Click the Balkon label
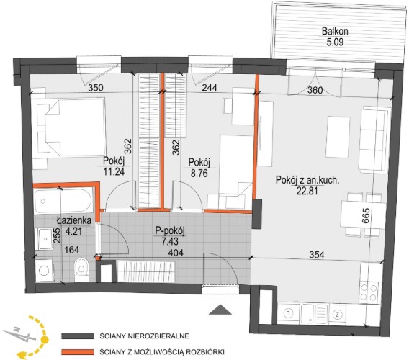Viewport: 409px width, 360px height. click(x=335, y=31)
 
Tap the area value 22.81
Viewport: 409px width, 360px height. click(x=307, y=192)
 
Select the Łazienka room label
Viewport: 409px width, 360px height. click(x=74, y=221)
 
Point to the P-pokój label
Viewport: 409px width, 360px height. click(x=170, y=231)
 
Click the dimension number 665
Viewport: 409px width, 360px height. click(x=366, y=215)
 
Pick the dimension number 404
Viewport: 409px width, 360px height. click(x=176, y=253)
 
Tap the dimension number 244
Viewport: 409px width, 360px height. click(x=210, y=88)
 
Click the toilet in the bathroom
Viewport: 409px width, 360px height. click(x=81, y=269)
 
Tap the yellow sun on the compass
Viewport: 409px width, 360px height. click(x=45, y=339)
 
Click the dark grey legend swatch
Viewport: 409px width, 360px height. click(x=78, y=336)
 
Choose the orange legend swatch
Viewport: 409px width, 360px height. click(x=78, y=352)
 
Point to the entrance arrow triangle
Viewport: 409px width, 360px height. click(x=220, y=310)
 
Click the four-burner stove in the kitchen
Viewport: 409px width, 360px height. click(x=369, y=292)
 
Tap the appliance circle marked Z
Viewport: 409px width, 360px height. click(x=338, y=314)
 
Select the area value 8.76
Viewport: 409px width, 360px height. click(x=199, y=174)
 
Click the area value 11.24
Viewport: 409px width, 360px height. click(x=114, y=171)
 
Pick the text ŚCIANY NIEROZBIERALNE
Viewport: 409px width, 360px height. click(x=144, y=336)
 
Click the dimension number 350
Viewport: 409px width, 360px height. click(x=96, y=88)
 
